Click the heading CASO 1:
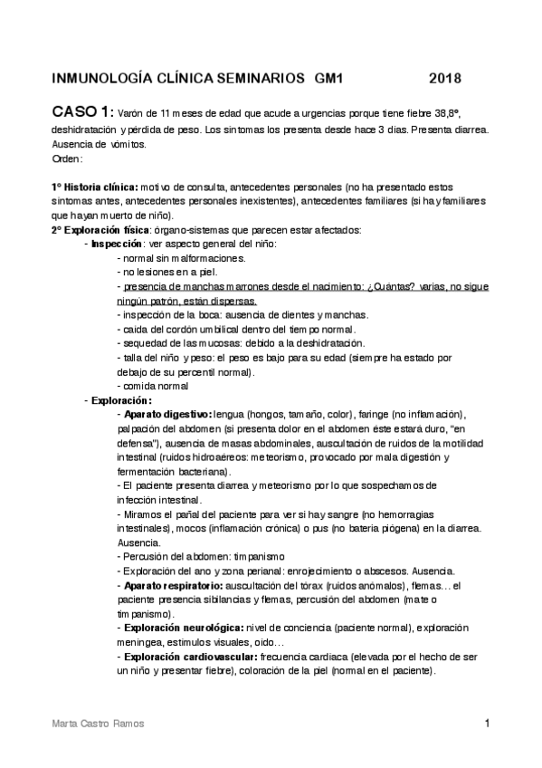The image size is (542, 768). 82,112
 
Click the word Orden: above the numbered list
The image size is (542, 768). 67,158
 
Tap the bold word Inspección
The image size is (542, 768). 117,245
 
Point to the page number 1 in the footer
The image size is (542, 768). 487,724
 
